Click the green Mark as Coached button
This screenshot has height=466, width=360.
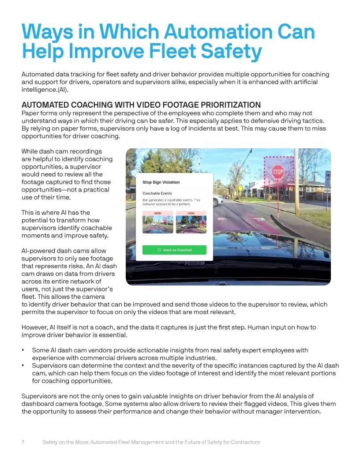pos(174,250)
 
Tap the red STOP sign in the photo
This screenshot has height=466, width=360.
pos(278,172)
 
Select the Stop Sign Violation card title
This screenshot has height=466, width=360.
pos(161,182)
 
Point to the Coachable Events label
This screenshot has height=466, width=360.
pos(157,193)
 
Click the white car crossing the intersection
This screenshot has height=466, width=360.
pos(218,201)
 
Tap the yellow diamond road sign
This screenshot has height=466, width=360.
pos(240,188)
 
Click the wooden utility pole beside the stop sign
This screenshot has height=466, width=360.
pos(296,185)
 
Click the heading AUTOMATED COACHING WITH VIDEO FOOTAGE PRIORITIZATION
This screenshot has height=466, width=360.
pos(141,105)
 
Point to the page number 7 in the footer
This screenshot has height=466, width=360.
pos(23,442)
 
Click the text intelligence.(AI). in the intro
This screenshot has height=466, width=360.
pos(45,90)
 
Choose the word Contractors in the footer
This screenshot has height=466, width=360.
pos(244,442)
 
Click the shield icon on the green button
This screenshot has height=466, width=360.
pos(159,250)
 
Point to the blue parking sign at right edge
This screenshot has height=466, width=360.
pos(327,179)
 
